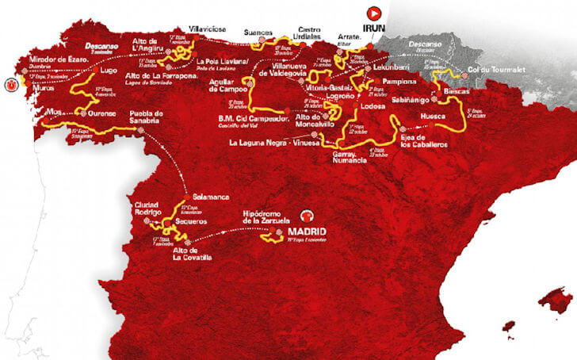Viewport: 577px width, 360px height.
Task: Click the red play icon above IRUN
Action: click(373, 12)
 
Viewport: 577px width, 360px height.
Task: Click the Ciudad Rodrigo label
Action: click(149, 208)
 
